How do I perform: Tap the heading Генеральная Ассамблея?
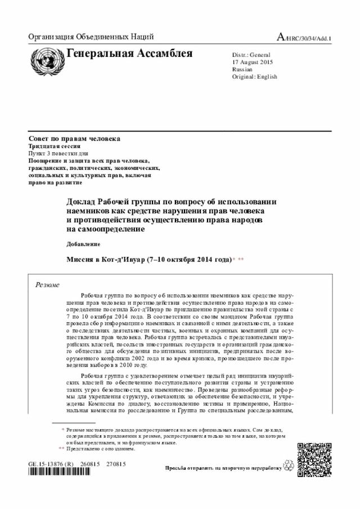coord(129,54)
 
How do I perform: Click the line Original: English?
coord(255,76)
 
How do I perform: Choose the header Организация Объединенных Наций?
coord(91,38)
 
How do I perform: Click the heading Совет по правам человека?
coord(74,138)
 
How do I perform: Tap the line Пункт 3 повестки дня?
coord(58,153)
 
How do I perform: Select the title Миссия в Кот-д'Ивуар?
coord(148,260)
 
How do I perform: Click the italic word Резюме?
coord(48,285)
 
